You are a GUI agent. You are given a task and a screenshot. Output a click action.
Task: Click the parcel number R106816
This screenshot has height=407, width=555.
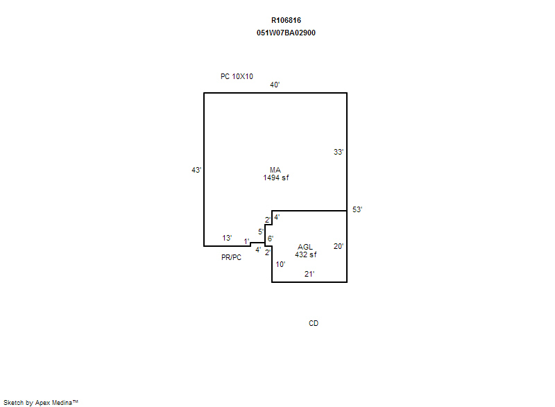tap(286, 21)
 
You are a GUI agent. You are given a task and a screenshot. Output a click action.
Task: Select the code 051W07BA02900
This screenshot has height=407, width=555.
tap(286, 33)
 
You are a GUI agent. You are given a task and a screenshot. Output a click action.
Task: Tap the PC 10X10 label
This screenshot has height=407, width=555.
tap(237, 76)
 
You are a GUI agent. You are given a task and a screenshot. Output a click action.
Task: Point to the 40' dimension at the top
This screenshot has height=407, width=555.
tap(275, 85)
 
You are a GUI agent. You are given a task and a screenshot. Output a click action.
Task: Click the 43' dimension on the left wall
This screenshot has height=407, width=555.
tap(196, 170)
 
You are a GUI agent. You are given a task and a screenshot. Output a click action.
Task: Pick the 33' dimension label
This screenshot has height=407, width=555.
tap(339, 152)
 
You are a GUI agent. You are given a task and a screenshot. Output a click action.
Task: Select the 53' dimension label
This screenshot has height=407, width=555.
tap(357, 209)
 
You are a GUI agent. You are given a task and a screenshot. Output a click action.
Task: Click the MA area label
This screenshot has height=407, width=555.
tap(275, 170)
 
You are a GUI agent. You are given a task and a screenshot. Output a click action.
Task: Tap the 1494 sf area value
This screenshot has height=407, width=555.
tap(275, 178)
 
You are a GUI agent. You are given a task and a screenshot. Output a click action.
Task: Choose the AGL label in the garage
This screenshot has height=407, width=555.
tap(305, 247)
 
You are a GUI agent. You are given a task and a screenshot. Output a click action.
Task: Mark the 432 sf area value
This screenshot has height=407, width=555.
tap(306, 254)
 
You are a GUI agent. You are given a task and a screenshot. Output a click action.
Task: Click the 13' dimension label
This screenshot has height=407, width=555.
tap(227, 238)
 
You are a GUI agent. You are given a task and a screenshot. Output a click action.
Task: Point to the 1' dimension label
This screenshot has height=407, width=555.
tap(247, 241)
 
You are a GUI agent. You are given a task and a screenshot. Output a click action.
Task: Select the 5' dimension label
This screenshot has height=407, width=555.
tap(261, 232)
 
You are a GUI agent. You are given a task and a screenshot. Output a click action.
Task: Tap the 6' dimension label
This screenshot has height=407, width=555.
tap(271, 239)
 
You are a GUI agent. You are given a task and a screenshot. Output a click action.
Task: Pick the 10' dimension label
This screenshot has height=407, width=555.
tap(280, 264)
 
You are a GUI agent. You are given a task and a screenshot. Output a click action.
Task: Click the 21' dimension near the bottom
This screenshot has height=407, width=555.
tap(309, 274)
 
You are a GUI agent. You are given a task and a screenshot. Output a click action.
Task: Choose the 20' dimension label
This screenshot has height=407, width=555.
tap(339, 246)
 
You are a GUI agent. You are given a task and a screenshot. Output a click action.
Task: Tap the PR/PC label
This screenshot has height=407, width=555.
tap(231, 257)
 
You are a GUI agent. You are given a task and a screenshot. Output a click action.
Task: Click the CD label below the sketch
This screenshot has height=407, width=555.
tap(314, 323)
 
